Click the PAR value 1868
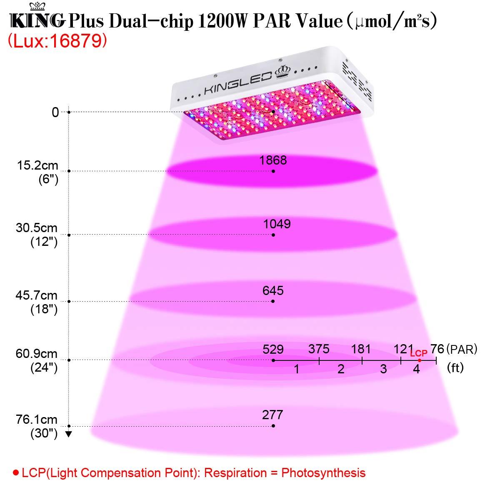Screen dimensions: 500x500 click(x=272, y=160)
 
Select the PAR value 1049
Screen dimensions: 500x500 click(x=277, y=224)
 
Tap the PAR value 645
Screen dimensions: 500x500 click(x=273, y=290)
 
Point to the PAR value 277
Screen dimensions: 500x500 click(x=272, y=415)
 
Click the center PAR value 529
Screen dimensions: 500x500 click(x=273, y=349)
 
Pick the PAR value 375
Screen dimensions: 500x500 click(x=319, y=349)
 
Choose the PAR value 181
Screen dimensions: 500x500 click(x=361, y=349)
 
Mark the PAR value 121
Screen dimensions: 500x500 click(x=402, y=349)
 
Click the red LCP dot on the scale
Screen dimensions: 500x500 click(x=420, y=360)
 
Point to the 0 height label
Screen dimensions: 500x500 click(x=55, y=112)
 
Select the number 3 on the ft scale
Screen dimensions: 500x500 click(x=383, y=369)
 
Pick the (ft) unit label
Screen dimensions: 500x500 click(x=455, y=368)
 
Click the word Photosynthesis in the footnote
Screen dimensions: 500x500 click(x=323, y=473)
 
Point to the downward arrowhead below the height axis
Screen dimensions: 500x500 click(x=69, y=434)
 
